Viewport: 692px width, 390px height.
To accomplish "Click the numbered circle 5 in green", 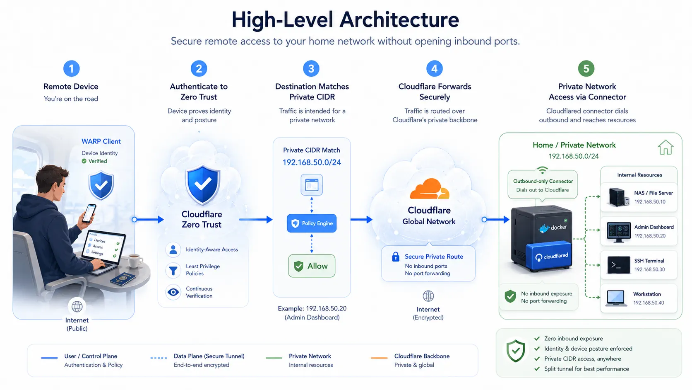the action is click(x=586, y=68).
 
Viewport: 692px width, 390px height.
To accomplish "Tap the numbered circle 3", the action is click(x=311, y=68).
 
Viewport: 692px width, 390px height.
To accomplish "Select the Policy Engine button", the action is click(x=311, y=223).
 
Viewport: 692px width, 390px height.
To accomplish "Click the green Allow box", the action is click(x=311, y=266).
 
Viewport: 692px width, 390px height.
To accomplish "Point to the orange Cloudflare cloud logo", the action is click(x=430, y=189).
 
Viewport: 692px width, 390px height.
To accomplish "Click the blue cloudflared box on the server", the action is click(x=549, y=256).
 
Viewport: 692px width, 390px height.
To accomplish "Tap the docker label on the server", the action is click(x=553, y=228).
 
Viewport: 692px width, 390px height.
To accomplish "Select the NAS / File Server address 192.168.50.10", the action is click(x=650, y=202).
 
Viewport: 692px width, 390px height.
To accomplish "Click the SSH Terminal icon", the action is click(x=618, y=265).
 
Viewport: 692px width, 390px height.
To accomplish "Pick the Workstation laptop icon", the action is click(x=616, y=298).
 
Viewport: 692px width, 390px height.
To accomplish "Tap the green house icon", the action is click(x=666, y=147).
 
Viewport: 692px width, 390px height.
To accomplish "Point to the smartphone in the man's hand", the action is click(x=89, y=213).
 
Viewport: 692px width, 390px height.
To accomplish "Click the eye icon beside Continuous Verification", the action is click(x=173, y=292).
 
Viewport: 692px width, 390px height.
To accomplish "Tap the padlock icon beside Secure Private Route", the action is click(x=395, y=257).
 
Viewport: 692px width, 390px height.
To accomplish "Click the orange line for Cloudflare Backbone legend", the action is click(x=379, y=358).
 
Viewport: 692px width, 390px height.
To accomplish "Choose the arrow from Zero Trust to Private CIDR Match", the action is click(x=256, y=220).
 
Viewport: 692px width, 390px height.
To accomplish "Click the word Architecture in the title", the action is click(x=399, y=20).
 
